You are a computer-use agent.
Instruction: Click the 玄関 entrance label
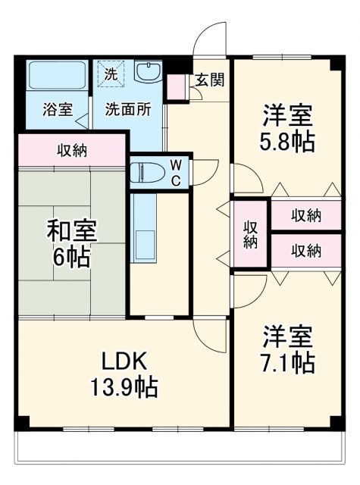[x=208, y=80]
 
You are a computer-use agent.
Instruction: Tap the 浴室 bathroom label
[x=58, y=108]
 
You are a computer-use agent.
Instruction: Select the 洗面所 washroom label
[x=127, y=108]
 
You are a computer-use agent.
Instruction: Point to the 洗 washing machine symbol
[x=111, y=74]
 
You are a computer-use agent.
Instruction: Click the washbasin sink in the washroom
[x=146, y=73]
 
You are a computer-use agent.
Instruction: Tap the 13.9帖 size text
[x=123, y=388]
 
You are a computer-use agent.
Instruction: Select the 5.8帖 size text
[x=289, y=142]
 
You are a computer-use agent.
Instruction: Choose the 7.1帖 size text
[x=289, y=362]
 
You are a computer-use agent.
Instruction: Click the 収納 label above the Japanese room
[x=71, y=150]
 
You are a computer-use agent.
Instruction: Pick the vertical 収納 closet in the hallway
[x=251, y=233]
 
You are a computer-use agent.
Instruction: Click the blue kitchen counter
[x=142, y=227]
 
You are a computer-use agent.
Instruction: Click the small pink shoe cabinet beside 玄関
[x=177, y=87]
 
